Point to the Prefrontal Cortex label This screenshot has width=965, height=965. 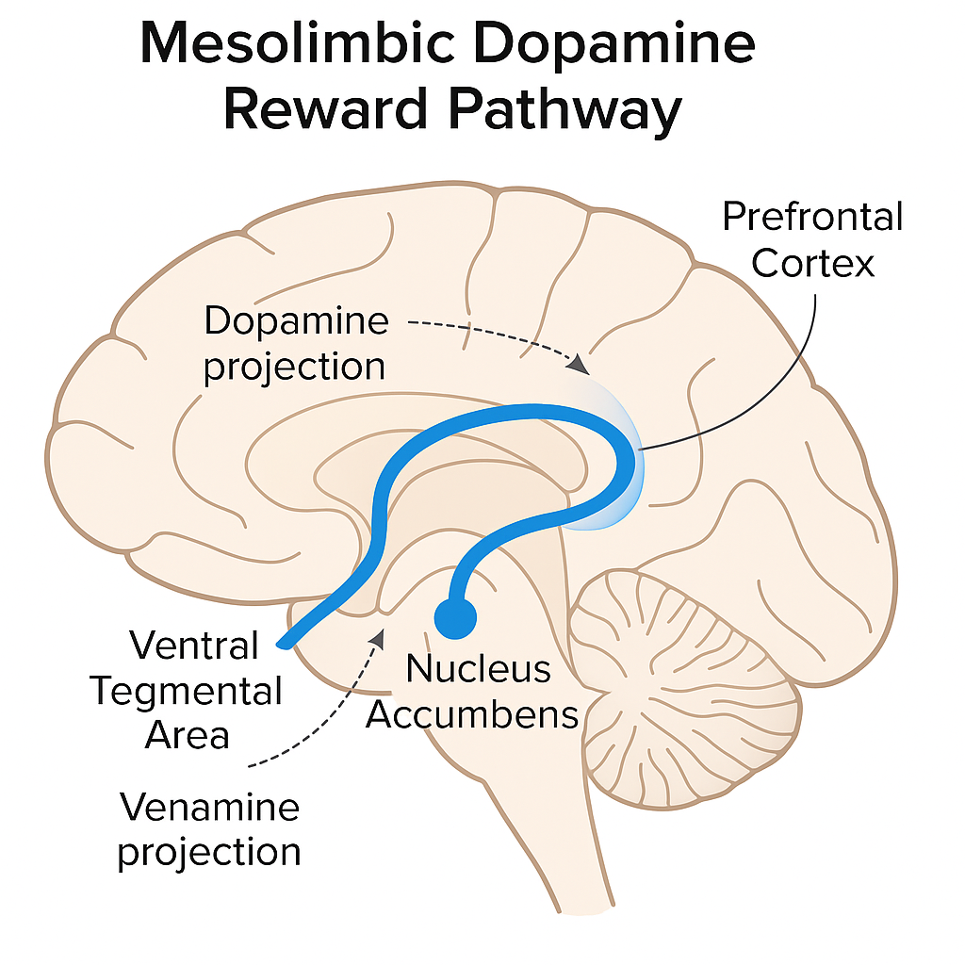tap(812, 239)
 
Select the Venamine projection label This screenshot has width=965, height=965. tap(209, 829)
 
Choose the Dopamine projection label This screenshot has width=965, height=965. tap(295, 343)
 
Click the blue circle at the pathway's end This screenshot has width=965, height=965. tap(456, 617)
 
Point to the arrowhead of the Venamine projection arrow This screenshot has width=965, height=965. tap(379, 638)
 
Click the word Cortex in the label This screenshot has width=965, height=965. tap(813, 263)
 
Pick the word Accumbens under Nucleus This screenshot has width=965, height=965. tap(472, 714)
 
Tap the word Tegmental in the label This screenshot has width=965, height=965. tap(187, 692)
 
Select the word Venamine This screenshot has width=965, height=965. tap(209, 807)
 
